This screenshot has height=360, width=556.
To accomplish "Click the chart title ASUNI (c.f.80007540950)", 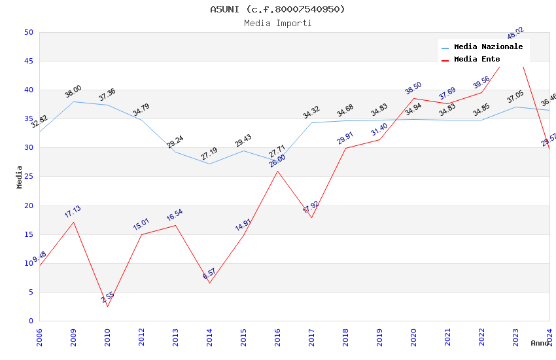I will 277,9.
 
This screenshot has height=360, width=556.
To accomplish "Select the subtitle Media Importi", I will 277,24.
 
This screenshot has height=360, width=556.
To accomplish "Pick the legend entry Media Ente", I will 477,60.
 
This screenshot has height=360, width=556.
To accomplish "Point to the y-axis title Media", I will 20,177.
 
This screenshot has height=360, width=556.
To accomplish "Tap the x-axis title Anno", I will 540,343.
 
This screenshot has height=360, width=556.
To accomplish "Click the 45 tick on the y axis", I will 29,62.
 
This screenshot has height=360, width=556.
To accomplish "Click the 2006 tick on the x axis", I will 39,336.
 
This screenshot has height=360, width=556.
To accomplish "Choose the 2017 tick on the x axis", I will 311,336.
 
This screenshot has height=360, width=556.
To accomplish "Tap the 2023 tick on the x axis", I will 515,336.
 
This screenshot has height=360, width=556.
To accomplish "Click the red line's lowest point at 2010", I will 107,306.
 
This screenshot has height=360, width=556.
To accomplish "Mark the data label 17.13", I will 73,211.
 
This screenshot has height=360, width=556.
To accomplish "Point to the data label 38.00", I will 73,91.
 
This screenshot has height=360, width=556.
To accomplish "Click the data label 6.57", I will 209,274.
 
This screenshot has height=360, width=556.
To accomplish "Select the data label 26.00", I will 277,161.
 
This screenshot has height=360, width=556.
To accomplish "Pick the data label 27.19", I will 209,154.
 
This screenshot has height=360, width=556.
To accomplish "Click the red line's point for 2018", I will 345,148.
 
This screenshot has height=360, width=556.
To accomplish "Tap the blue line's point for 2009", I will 73,101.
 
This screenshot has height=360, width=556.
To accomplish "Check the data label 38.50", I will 413,88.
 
